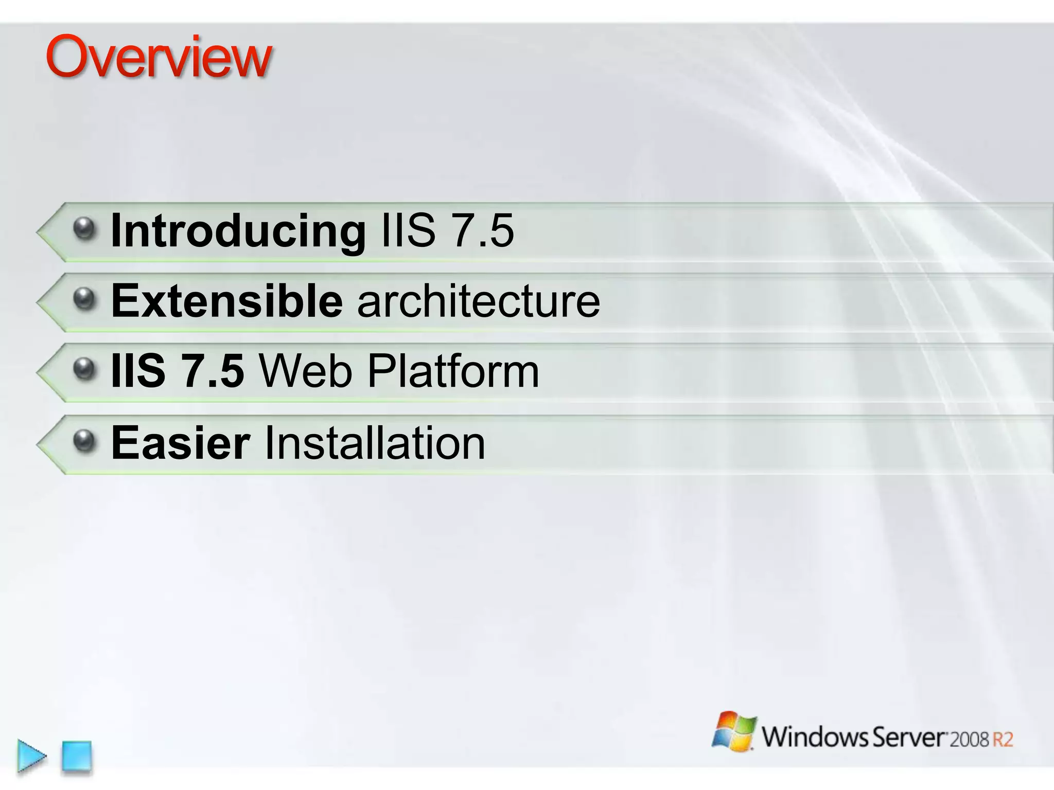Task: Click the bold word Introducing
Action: click(238, 231)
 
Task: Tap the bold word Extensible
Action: click(226, 301)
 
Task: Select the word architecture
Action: click(479, 301)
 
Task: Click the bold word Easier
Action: click(181, 443)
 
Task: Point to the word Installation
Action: click(375, 443)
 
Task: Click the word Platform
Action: click(453, 371)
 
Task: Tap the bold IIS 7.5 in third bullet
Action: click(178, 371)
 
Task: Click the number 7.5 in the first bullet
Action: click(481, 231)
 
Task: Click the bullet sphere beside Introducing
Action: click(84, 228)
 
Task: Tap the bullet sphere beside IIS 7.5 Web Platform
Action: click(84, 369)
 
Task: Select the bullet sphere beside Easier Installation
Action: click(84, 440)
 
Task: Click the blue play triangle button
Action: click(31, 756)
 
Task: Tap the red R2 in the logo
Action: click(1003, 740)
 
